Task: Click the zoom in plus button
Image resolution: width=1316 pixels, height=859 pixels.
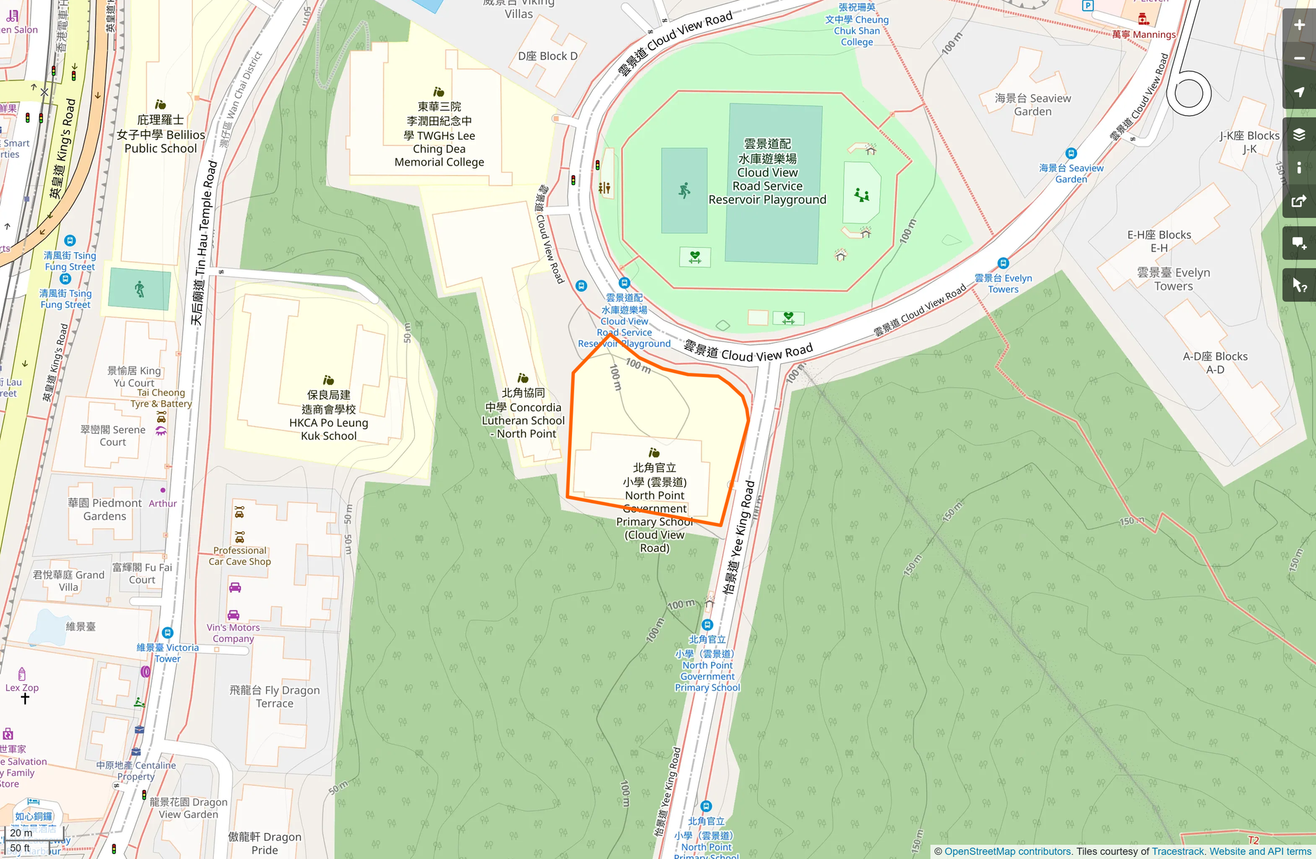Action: coord(1299,26)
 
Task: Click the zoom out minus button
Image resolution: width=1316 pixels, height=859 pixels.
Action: coord(1299,59)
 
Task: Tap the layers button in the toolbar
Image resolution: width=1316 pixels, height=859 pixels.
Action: coord(1299,134)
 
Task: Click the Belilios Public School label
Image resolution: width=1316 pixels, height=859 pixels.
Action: coord(161,134)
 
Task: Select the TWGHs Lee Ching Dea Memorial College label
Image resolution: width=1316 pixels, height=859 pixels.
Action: coord(439,135)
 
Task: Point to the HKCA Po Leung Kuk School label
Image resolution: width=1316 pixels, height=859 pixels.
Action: coord(328,416)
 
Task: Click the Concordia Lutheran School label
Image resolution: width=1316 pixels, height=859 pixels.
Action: coord(523,413)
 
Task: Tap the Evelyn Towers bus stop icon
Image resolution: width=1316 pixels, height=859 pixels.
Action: coord(1003,263)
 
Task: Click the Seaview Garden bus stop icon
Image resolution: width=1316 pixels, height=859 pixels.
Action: coord(1071,154)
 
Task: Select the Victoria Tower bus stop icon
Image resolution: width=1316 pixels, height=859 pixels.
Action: coord(167,633)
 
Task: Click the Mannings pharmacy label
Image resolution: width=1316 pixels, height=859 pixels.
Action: coord(1143,34)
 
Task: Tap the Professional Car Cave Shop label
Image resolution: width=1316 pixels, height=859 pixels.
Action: coord(240,556)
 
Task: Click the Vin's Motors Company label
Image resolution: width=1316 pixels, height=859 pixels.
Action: coord(233,633)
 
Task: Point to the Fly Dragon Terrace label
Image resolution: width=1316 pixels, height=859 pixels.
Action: coord(275,696)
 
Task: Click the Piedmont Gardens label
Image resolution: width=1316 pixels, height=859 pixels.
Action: coord(105,509)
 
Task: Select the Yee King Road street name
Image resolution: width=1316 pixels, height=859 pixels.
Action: coord(739,536)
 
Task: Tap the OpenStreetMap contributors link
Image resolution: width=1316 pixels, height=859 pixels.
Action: coord(1007,851)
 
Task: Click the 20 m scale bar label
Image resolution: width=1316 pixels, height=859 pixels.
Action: coord(21,832)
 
